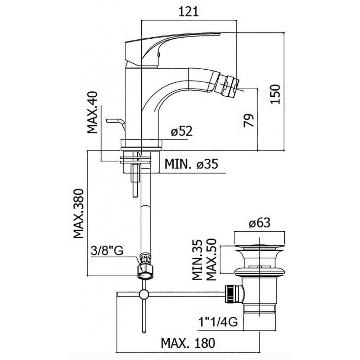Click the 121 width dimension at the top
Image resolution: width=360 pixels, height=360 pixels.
(x=188, y=12)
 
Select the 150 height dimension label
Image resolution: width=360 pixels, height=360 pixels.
(x=275, y=94)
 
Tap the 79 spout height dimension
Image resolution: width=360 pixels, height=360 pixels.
(x=249, y=120)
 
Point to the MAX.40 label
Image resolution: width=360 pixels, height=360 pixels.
(x=92, y=112)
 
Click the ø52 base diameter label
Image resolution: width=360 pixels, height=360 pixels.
(x=182, y=131)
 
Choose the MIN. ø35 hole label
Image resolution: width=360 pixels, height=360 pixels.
(x=191, y=164)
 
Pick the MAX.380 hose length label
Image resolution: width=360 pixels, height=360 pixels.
(x=78, y=213)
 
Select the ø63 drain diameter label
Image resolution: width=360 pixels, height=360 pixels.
(x=259, y=223)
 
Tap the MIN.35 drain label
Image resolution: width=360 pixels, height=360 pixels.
(x=197, y=260)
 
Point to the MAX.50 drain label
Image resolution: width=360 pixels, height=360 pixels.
(x=211, y=260)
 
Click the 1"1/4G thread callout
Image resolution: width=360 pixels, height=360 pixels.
(x=218, y=322)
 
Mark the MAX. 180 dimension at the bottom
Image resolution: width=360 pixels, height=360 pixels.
(x=188, y=343)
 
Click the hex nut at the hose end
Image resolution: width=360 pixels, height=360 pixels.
(x=145, y=272)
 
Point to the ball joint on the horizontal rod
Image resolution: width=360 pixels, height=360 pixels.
(x=144, y=294)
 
